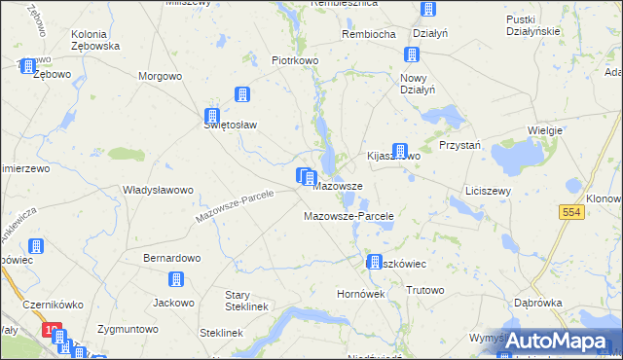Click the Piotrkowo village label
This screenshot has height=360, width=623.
click(296, 60)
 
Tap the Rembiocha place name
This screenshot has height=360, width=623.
click(368, 34)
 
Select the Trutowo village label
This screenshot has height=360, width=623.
click(424, 290)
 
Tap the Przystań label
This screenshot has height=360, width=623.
click(460, 144)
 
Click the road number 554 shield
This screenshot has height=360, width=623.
click(572, 212)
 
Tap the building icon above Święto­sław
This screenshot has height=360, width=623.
click(241, 94)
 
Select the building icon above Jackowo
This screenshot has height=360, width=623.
click(176, 280)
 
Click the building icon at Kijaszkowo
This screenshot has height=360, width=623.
click(399, 151)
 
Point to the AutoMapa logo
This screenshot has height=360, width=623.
click(555, 340)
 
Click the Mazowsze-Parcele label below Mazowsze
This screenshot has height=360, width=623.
click(348, 216)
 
